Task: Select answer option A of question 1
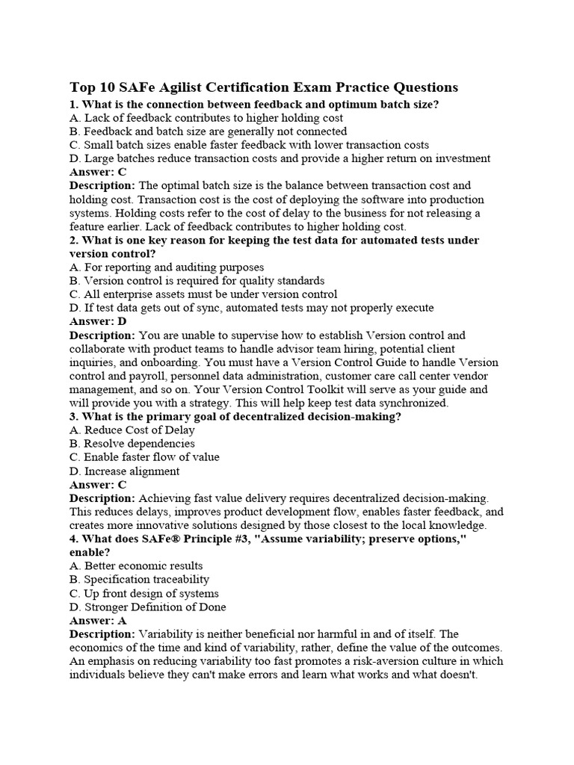click(206, 118)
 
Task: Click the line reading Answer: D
click(98, 321)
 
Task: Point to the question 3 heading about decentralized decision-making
click(235, 416)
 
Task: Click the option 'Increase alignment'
click(124, 471)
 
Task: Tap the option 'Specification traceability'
click(139, 579)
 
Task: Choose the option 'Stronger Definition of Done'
click(147, 607)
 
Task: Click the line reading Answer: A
click(98, 620)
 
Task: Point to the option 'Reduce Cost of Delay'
click(132, 430)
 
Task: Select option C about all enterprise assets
click(203, 294)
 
